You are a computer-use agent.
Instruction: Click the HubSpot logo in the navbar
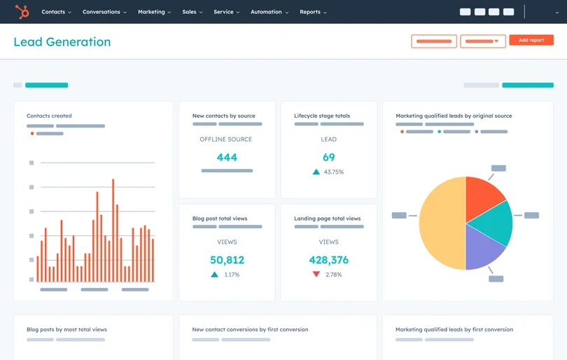coord(22,11)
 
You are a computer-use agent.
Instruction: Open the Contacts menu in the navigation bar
coord(55,12)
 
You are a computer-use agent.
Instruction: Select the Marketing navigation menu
coord(153,12)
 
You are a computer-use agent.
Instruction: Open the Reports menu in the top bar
coord(312,12)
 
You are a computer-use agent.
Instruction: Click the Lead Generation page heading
coord(62,42)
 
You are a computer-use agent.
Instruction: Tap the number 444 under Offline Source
coord(227,158)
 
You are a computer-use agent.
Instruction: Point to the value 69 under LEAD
coord(328,158)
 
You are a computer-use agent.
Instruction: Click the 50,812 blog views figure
coord(227,260)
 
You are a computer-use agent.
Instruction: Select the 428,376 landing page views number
coord(328,260)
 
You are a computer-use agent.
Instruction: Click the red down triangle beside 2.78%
coord(316,275)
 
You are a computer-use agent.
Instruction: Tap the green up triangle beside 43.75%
coord(316,172)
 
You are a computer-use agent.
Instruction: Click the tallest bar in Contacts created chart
coord(113,231)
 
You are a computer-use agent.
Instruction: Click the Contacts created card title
coord(49,116)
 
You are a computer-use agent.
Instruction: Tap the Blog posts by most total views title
coord(66,329)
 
